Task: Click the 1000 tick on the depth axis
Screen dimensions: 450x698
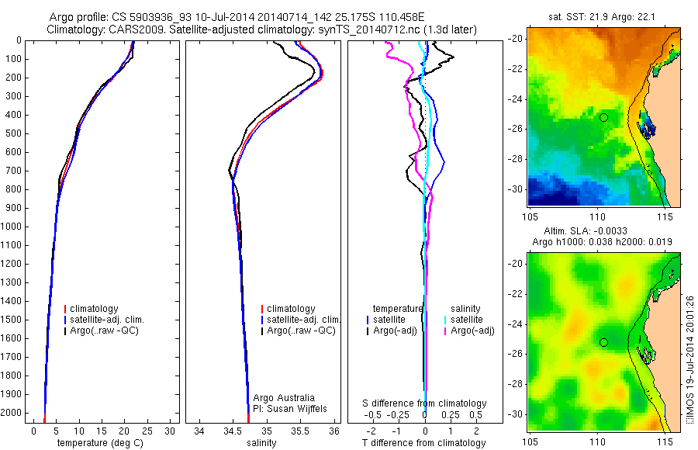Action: pyautogui.click(x=12, y=227)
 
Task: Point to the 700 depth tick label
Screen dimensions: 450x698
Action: pyautogui.click(x=12, y=171)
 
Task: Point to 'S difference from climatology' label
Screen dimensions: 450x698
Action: pyautogui.click(x=425, y=403)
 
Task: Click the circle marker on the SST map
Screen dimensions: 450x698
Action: pyautogui.click(x=603, y=117)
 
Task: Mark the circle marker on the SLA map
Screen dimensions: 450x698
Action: pyautogui.click(x=603, y=342)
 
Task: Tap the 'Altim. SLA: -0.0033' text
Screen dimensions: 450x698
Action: pyautogui.click(x=586, y=231)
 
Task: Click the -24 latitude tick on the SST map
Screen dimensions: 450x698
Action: pyautogui.click(x=517, y=99)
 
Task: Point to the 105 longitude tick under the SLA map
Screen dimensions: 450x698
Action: pyautogui.click(x=531, y=441)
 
